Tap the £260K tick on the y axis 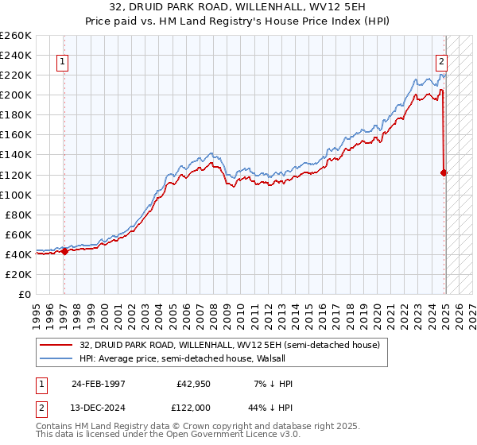(17, 36)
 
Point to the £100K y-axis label (17, 195)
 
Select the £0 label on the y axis (25, 294)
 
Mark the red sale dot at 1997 (64, 251)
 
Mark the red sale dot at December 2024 (444, 172)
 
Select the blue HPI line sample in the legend (56, 358)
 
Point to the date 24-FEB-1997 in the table (99, 384)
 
